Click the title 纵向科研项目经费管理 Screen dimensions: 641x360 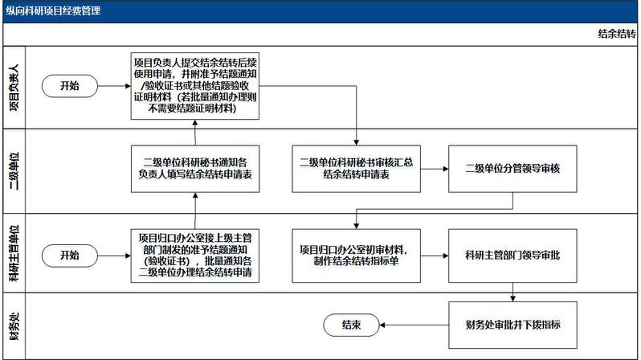(53, 10)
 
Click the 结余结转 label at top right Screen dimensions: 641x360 (616, 34)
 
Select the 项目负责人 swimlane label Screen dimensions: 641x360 (14, 88)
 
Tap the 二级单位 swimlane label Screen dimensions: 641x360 (14, 171)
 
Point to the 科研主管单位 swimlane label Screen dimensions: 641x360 (14, 253)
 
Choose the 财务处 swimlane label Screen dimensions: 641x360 (14, 326)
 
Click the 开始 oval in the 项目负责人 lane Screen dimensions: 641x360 (70, 86)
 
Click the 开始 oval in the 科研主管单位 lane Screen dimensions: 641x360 (70, 256)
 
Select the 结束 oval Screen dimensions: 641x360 (351, 325)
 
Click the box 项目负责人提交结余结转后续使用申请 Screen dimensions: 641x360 (195, 86)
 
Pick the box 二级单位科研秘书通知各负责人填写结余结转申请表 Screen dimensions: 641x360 (195, 169)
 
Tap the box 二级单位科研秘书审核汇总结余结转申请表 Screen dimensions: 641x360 (356, 169)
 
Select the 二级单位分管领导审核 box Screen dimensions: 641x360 (512, 169)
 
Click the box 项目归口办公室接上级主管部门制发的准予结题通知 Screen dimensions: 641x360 (195, 256)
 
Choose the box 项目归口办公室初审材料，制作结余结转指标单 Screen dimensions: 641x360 (356, 256)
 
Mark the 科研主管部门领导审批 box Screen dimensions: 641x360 (512, 256)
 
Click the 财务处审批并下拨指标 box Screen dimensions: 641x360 (512, 325)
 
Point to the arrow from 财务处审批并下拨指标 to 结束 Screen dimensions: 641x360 (414, 325)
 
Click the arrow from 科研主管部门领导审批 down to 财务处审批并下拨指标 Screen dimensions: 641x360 (512, 292)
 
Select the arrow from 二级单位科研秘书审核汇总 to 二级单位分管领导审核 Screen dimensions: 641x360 (434, 169)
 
